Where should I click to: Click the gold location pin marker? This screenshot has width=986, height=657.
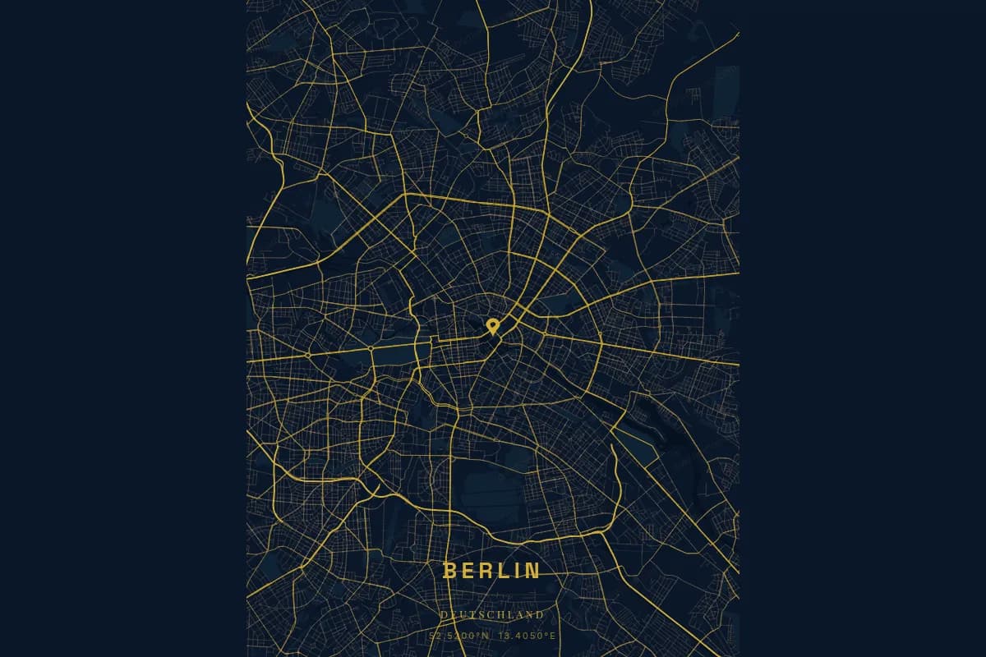(x=492, y=325)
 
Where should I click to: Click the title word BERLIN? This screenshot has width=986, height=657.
(x=491, y=571)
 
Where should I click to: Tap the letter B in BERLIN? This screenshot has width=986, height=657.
(x=449, y=571)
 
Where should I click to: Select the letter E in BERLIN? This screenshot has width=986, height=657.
(x=468, y=571)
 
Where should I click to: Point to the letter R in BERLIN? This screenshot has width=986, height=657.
(x=486, y=571)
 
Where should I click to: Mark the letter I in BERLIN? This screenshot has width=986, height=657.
(x=517, y=571)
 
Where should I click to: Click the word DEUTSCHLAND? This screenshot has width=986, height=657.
(x=491, y=614)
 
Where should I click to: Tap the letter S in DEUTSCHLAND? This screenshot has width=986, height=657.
(x=481, y=614)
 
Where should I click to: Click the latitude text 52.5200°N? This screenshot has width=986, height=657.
(x=458, y=636)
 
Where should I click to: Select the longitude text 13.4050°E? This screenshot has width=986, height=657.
(x=527, y=636)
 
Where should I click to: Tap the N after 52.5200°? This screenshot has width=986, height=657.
(x=486, y=636)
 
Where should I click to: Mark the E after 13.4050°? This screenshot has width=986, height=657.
(x=553, y=636)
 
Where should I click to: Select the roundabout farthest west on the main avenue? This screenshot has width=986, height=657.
(x=306, y=354)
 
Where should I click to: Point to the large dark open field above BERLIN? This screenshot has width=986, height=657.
(x=485, y=493)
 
